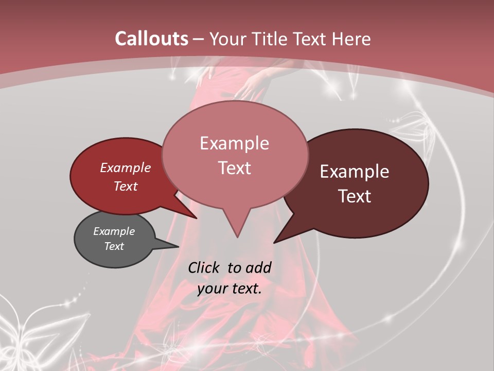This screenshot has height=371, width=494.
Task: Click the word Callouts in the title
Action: pos(151,39)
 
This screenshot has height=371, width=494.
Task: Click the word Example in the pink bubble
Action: pos(234,143)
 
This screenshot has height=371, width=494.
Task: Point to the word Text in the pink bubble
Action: pos(234,168)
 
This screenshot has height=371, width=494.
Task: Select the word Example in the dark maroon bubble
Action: pos(355,172)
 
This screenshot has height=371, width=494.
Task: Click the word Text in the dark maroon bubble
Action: pos(355,196)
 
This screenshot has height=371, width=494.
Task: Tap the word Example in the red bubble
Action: pos(125,167)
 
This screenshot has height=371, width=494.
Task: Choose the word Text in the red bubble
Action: pos(125,186)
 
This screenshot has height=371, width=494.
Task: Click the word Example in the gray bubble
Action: pos(114,231)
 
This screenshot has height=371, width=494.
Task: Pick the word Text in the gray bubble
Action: pos(114,246)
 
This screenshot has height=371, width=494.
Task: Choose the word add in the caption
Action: pos(258,267)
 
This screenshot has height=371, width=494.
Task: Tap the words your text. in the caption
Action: pos(229,289)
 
